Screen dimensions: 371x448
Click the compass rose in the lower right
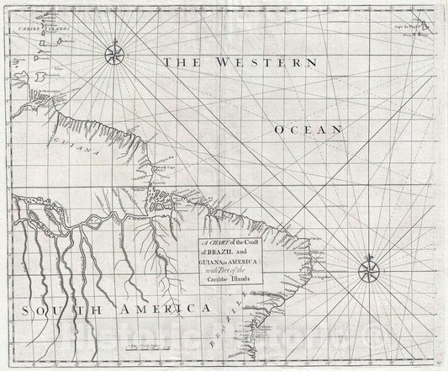(x=369, y=269)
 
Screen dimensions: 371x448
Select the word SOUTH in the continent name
(x=53, y=310)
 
